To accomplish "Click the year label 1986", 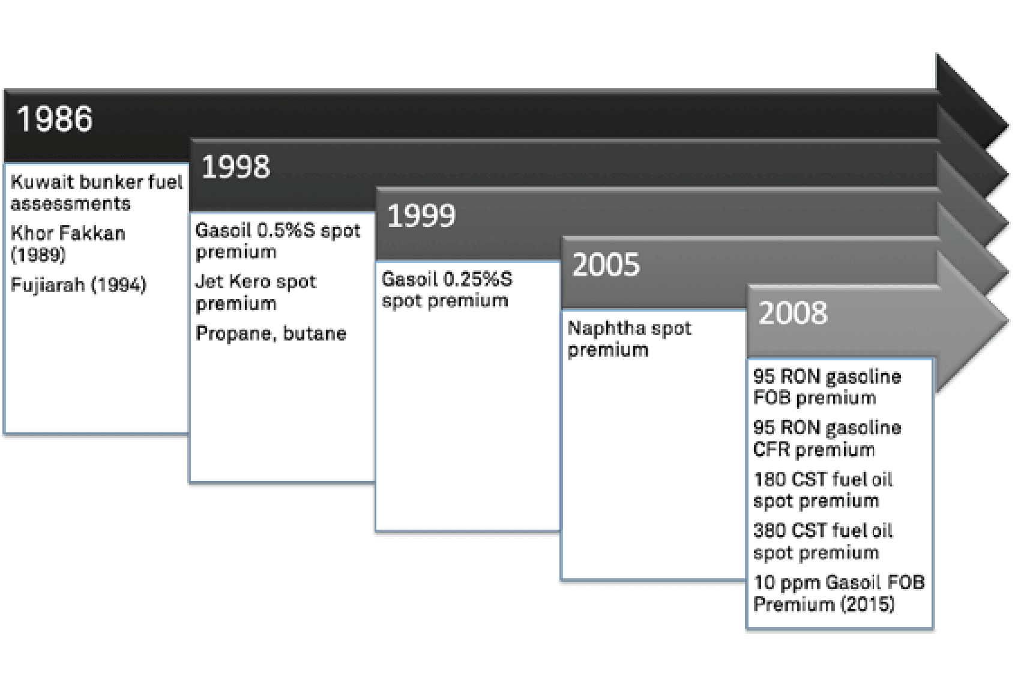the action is [x=55, y=119].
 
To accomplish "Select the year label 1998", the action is [x=236, y=167].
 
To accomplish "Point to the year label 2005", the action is [x=606, y=264].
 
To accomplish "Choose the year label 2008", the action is [x=793, y=313].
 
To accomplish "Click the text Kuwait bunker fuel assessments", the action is [x=97, y=193].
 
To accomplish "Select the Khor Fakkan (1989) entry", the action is [x=68, y=243].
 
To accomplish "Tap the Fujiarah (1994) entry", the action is [x=79, y=285].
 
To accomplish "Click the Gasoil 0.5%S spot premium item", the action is [x=278, y=241].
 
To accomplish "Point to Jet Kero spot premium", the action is [x=256, y=292].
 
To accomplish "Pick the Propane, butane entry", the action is [x=271, y=333].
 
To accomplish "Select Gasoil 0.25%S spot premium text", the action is [x=447, y=290].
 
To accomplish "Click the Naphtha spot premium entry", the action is [x=630, y=339].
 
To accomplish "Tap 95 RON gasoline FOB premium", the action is [x=827, y=387].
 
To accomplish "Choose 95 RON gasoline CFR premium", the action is [x=827, y=438].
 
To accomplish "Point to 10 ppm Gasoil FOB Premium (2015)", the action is [x=839, y=593].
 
